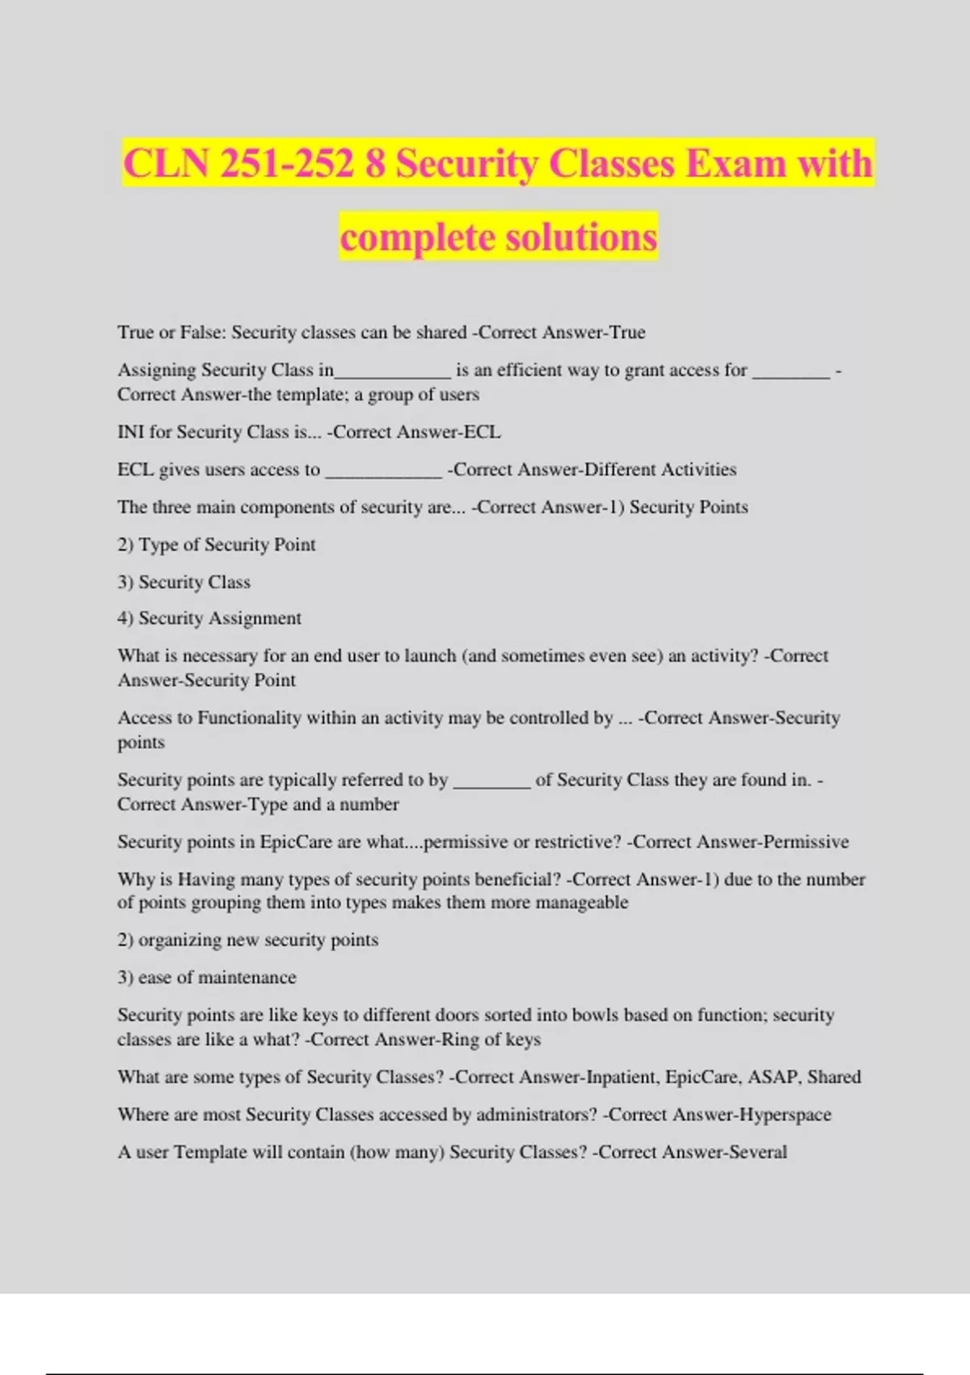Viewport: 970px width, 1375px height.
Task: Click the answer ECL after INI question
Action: tap(482, 432)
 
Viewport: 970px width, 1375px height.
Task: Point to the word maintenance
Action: tap(247, 978)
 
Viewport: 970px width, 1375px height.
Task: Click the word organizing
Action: tap(181, 940)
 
